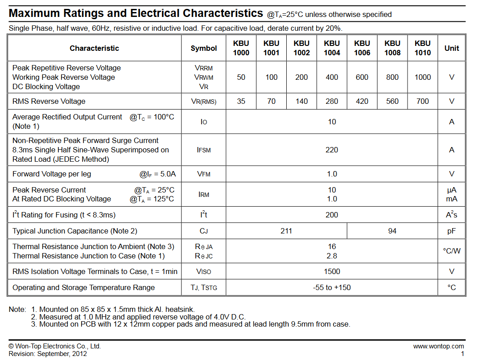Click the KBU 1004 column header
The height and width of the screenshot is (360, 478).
(332, 48)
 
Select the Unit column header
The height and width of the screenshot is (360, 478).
(452, 48)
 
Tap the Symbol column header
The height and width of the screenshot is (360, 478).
(204, 48)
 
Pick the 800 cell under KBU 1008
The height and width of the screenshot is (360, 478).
(392, 77)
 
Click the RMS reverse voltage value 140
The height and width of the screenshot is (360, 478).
(301, 101)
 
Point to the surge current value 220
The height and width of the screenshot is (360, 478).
(332, 150)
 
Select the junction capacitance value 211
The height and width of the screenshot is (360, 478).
(286, 231)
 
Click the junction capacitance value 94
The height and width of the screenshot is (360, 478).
(392, 231)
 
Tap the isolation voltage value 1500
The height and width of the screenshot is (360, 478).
(332, 271)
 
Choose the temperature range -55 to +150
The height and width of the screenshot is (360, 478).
(332, 287)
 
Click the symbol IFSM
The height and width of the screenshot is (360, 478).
(204, 150)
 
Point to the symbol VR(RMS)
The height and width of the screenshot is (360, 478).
(204, 102)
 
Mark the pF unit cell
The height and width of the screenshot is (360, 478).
(452, 231)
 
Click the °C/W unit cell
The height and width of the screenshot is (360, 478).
(452, 251)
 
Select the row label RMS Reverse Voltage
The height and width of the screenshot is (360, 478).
(49, 101)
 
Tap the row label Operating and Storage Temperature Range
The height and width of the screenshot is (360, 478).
(83, 287)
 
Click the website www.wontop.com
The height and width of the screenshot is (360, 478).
(438, 346)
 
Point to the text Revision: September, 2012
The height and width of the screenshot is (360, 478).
(48, 354)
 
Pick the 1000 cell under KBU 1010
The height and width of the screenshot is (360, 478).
(423, 77)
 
